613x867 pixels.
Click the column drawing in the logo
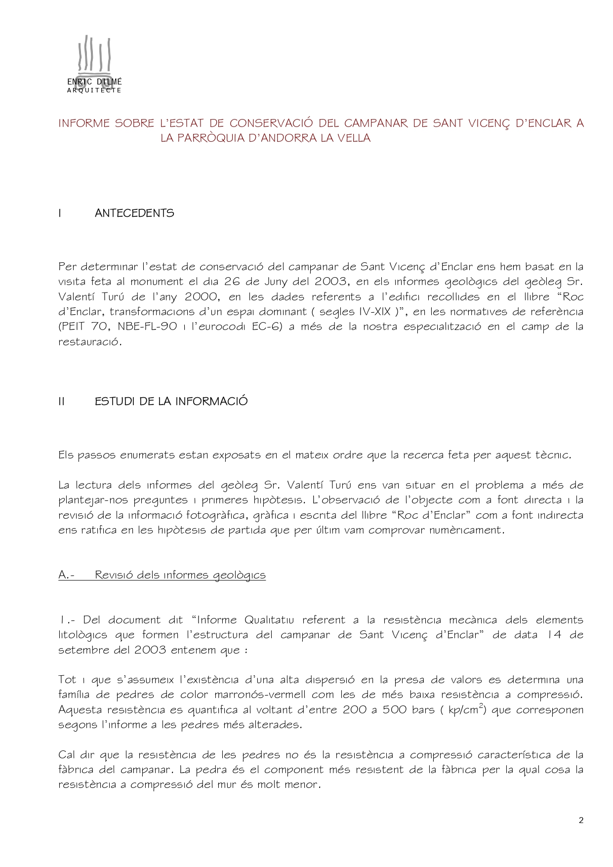(94, 57)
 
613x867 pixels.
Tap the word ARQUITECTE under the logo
(94, 90)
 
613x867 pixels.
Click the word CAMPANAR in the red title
(375, 123)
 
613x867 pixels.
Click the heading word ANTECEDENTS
(134, 213)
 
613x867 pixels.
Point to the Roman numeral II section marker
(61, 401)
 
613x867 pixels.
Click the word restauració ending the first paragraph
(89, 342)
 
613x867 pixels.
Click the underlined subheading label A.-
(69, 575)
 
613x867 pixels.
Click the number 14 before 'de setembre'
(555, 635)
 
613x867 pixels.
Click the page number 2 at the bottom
(581, 821)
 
